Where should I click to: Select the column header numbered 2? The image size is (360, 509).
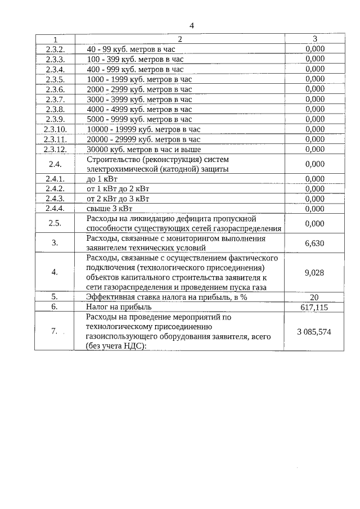[x=180, y=39]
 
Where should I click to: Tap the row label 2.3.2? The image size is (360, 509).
[x=55, y=49]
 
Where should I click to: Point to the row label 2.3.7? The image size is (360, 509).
[x=55, y=99]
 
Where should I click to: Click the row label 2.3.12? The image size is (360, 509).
[x=55, y=149]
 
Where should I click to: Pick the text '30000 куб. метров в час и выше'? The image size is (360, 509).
[x=143, y=149]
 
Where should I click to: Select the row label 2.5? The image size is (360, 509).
[x=55, y=223]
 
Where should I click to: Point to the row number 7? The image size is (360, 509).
[x=55, y=331]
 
